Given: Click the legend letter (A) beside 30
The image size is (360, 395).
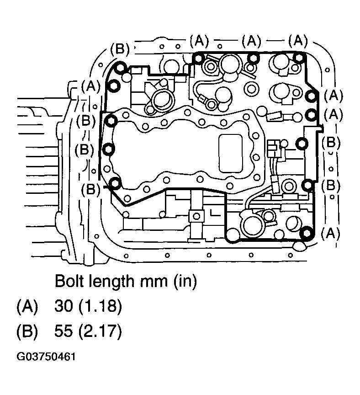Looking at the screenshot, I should point(26,307).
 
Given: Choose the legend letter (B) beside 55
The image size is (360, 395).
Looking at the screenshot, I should point(26,332).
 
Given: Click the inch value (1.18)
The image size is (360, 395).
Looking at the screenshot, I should point(100,307).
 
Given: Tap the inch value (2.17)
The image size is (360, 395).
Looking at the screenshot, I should point(100,332).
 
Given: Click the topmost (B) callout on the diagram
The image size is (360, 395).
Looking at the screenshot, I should point(120,48).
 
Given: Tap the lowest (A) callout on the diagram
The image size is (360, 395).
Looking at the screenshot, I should point(330,234).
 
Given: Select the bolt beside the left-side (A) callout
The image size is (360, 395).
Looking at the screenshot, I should point(113,85).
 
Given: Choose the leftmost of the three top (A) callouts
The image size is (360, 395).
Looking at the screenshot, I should point(199,42).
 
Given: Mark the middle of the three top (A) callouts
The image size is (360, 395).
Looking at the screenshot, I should point(252,42).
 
